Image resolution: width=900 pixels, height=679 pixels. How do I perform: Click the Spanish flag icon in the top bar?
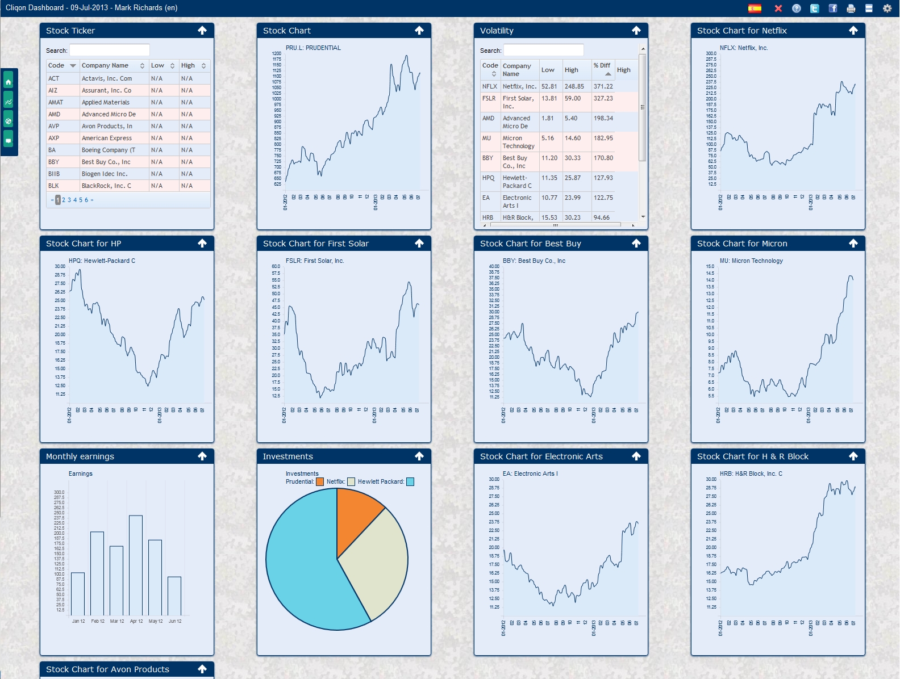755,8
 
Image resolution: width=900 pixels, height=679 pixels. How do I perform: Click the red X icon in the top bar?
778,8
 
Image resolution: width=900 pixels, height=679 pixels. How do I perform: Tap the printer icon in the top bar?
851,8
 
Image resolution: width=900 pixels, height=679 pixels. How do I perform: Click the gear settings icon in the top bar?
887,8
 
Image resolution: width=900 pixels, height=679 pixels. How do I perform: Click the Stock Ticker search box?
110,50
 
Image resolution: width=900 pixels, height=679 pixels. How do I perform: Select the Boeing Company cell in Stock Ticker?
114,150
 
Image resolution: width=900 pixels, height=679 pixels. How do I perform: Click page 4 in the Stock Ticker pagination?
75,200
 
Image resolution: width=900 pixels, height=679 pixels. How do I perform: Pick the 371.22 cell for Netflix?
603,86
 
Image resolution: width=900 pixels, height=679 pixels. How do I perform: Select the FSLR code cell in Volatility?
489,98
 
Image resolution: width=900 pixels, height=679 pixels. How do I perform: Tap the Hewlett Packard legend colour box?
410,481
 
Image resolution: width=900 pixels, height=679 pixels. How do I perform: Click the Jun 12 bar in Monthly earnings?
174,596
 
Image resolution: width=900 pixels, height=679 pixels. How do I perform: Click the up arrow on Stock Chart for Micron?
853,243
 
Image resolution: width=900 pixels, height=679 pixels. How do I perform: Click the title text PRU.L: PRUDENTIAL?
313,48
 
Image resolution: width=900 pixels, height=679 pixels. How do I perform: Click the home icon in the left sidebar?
9,82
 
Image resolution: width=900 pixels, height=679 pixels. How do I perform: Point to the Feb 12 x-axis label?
98,621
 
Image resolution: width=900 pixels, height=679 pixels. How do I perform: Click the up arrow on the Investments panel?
419,456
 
